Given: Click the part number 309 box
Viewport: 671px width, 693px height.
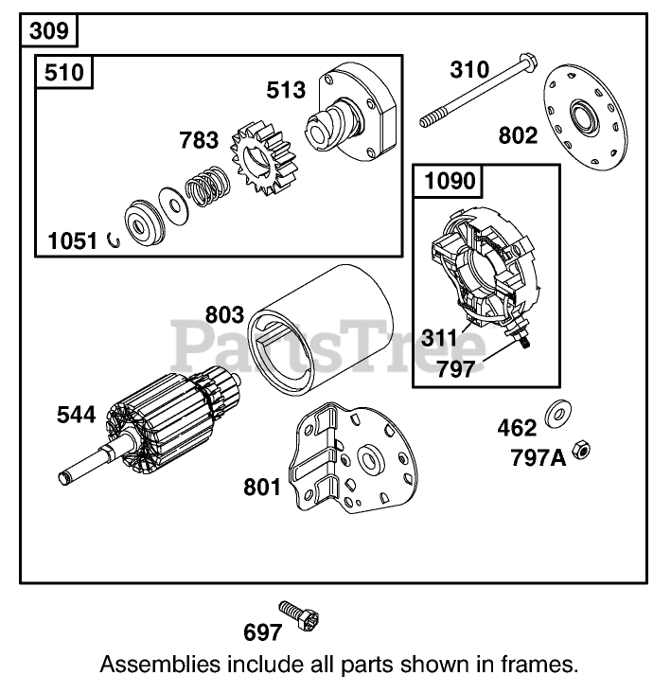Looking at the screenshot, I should point(48,30).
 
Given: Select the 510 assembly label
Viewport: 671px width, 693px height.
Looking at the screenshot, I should point(65,73).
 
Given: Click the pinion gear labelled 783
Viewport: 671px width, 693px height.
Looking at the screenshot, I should point(267,167).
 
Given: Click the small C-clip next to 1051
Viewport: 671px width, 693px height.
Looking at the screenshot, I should point(114,239).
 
